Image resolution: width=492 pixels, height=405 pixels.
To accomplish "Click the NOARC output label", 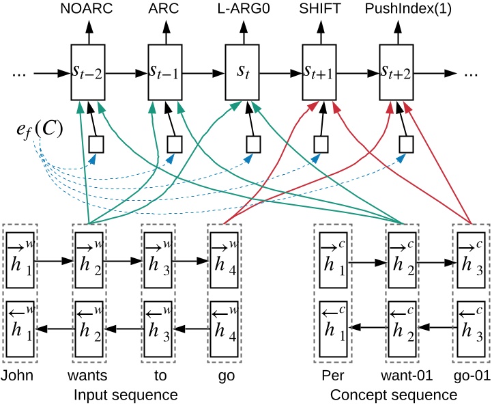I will tap(87, 10).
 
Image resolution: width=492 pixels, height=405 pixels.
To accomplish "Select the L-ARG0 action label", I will tap(242, 10).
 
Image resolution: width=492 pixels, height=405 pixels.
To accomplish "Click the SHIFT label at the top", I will tap(319, 10).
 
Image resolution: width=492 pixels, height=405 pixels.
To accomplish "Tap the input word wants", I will tap(89, 376).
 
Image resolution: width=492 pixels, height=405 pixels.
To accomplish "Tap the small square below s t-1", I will tap(174, 144).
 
